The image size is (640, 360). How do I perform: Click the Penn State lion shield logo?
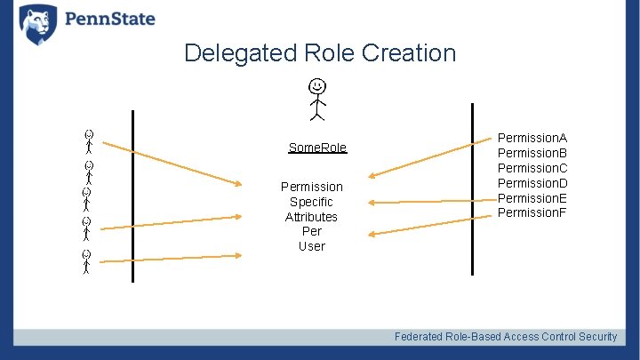click(x=37, y=24)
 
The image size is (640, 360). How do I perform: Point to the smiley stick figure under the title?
click(x=316, y=98)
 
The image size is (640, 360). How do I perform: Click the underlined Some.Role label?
click(x=317, y=148)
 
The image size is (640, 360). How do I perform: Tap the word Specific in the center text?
click(x=311, y=202)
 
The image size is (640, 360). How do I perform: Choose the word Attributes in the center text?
click(x=311, y=217)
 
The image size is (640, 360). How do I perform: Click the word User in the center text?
click(x=311, y=246)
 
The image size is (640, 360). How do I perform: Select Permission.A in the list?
click(x=532, y=138)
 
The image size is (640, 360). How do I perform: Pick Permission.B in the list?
click(x=532, y=153)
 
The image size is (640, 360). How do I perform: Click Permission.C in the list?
click(x=532, y=168)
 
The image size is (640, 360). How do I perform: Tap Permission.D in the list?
click(x=532, y=183)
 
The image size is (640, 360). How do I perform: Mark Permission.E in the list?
click(x=532, y=197)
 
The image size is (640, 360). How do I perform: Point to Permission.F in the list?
click(x=532, y=212)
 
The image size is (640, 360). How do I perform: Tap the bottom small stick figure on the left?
click(x=86, y=262)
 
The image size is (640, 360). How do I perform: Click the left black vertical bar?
click(x=132, y=196)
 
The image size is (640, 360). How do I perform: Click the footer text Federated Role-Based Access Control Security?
click(x=506, y=336)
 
